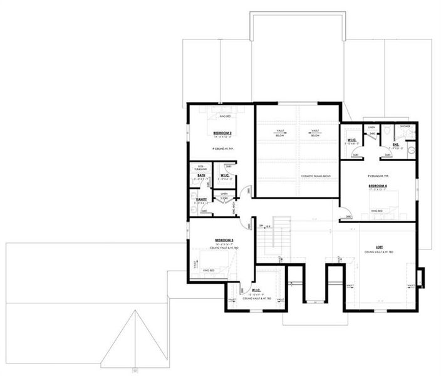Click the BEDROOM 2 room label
pos(223,133)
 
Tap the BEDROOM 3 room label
pos(224,240)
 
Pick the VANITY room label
pos(201,199)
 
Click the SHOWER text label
pos(405,127)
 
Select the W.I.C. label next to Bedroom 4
pos(351,140)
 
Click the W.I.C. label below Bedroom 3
pos(256,290)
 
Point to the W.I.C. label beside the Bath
pos(224,175)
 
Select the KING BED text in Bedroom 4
pos(376,211)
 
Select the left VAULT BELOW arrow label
pos(279,132)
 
